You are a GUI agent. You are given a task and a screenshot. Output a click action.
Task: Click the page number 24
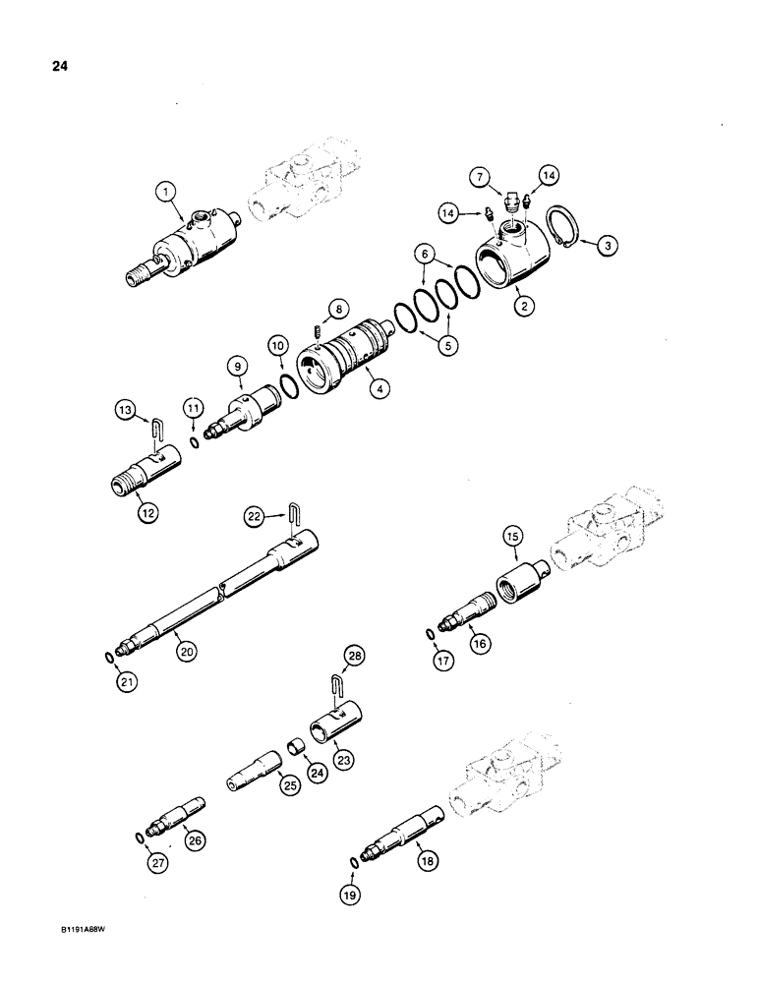[45, 68]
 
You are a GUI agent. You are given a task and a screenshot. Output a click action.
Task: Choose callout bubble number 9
[237, 368]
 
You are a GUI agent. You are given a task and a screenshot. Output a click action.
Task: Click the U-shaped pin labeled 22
[294, 517]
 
